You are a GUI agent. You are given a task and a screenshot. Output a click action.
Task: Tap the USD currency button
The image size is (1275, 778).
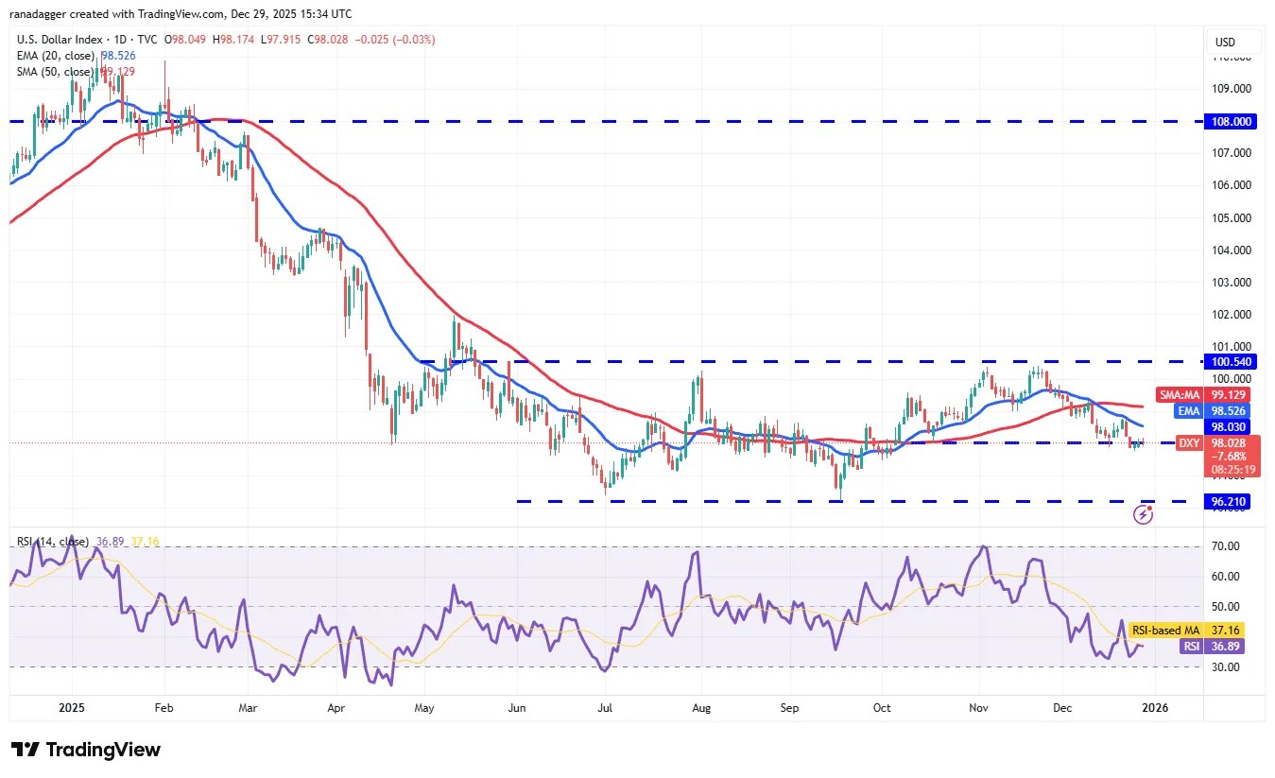[x=1225, y=42]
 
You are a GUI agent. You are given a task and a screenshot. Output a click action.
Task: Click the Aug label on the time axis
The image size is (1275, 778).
[x=700, y=707]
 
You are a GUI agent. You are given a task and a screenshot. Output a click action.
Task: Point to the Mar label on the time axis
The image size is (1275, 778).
[x=248, y=707]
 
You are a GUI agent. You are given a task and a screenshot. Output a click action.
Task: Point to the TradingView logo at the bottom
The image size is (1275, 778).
[x=86, y=750]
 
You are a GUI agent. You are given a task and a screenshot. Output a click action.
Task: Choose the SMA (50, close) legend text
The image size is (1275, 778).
[x=55, y=72]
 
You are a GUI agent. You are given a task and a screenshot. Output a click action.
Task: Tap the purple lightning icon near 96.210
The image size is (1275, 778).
[x=1144, y=514]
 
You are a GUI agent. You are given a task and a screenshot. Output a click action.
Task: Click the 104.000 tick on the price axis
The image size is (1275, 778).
[x=1232, y=250]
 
